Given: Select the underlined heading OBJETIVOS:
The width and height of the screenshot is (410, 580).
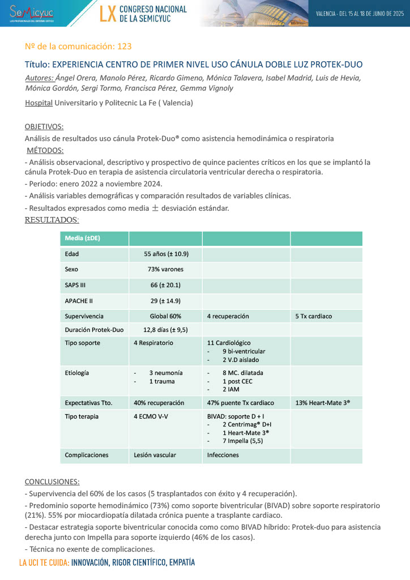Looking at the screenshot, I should pos(44,126).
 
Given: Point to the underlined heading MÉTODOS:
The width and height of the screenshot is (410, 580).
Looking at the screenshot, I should pos(46,150).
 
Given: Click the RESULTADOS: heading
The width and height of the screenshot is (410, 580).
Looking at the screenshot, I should pos(52,220).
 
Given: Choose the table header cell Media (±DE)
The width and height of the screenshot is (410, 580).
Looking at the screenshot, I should pos(83,238).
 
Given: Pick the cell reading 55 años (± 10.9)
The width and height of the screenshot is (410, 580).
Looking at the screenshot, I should pos(166,254).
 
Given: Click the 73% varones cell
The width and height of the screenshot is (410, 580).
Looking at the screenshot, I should pos(165,269).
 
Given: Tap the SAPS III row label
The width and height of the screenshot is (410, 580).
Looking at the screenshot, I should pos(76,285).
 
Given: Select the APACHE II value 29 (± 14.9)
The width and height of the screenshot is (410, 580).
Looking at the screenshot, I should pos(165,301).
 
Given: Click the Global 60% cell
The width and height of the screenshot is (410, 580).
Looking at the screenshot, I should pos(165,316).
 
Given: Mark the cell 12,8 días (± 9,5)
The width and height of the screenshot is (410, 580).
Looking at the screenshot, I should pos(165,330).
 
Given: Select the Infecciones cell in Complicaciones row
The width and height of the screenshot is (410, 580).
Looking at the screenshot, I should pos(223,455).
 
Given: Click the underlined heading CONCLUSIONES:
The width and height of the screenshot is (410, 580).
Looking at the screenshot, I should pos(52,481).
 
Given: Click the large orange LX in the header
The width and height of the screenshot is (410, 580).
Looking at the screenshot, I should pos(107,14).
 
